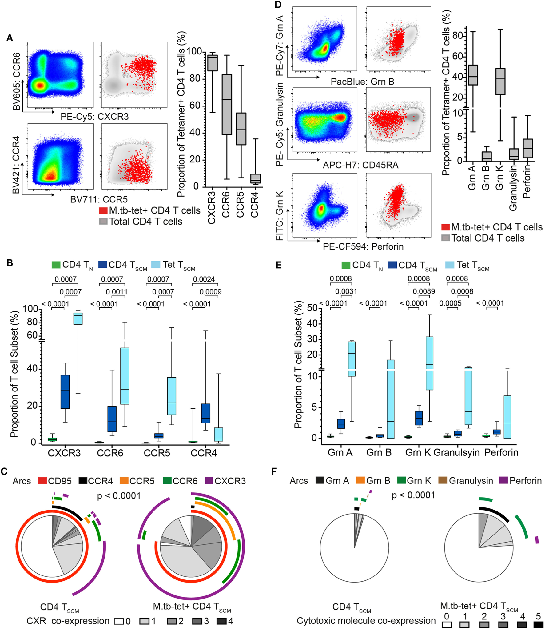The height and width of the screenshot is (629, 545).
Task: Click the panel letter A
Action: tap(10, 38)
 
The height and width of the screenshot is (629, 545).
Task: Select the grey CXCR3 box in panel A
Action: tap(212, 63)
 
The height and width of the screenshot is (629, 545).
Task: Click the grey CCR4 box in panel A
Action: tap(255, 178)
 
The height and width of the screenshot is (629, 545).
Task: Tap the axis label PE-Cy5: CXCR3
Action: tap(94, 117)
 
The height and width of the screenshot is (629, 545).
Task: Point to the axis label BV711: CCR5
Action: tap(99, 199)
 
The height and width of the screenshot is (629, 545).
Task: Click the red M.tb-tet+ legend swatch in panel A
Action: tap(103, 210)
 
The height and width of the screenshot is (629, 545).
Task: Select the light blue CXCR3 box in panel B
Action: tap(78, 319)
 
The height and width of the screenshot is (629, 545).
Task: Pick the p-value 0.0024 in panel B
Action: tap(204, 279)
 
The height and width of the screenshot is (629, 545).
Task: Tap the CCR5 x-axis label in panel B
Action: tap(157, 453)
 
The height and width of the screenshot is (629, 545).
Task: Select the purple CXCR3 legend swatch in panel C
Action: tap(209, 481)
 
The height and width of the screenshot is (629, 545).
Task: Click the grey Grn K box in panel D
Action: tap(500, 82)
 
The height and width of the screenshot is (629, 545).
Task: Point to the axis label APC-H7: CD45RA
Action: tap(360, 165)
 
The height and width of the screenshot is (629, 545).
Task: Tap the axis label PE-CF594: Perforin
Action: tap(363, 246)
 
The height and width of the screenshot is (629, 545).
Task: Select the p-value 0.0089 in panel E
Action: tap(424, 291)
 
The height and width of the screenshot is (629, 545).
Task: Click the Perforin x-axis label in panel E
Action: tap(501, 452)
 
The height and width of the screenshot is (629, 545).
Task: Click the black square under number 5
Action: tap(538, 625)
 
